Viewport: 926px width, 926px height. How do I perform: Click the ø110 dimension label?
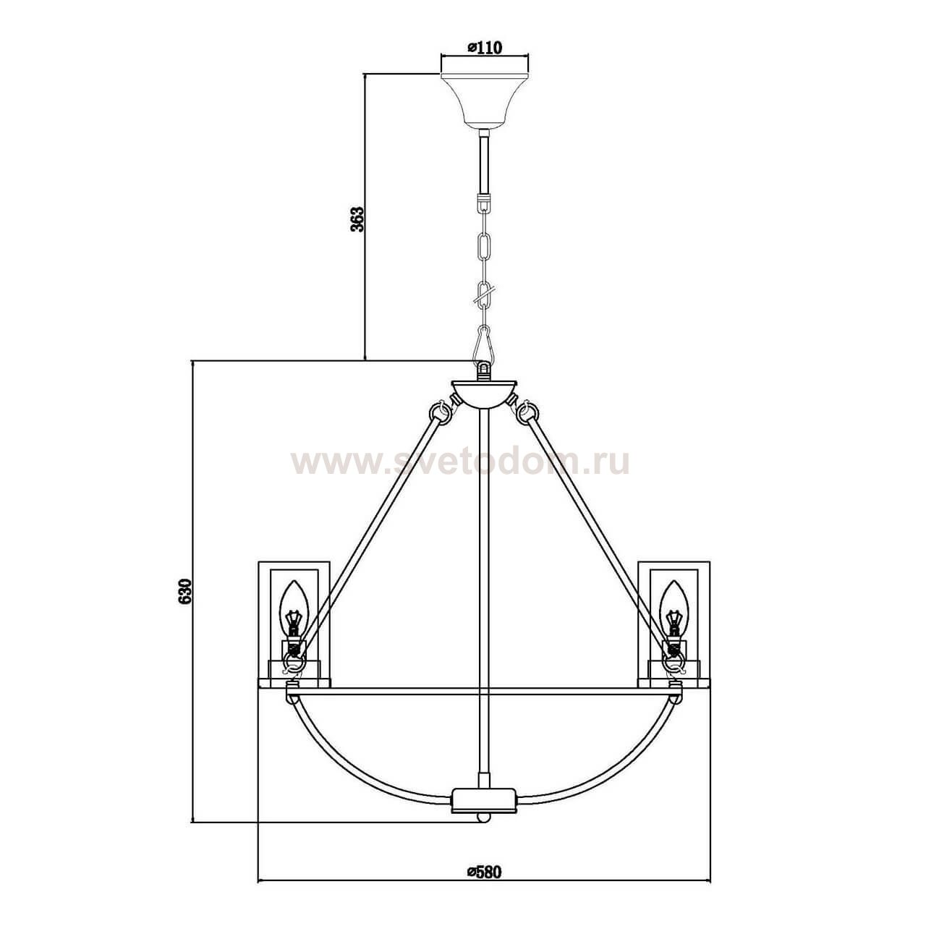pyautogui.click(x=485, y=48)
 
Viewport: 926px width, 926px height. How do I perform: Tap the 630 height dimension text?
pyautogui.click(x=184, y=591)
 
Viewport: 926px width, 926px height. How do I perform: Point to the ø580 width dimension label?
pyautogui.click(x=484, y=871)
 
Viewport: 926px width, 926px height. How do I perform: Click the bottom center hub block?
pyautogui.click(x=484, y=799)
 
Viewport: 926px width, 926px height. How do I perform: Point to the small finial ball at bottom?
pyautogui.click(x=484, y=817)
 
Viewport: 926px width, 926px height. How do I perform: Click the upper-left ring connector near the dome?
pyautogui.click(x=441, y=412)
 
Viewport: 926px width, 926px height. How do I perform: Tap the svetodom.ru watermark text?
pyautogui.click(x=460, y=462)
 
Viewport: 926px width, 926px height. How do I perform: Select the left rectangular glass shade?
pyautogui.click(x=295, y=622)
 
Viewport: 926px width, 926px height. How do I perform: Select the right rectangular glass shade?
pyautogui.click(x=674, y=622)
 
